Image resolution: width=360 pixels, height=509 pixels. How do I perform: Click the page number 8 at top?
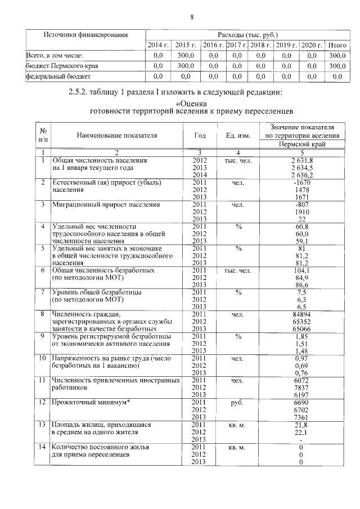(x=191, y=17)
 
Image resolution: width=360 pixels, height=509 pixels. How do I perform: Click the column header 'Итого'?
(x=337, y=45)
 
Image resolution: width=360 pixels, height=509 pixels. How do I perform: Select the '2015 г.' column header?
(x=186, y=45)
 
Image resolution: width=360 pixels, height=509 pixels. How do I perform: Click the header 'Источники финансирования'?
(x=85, y=35)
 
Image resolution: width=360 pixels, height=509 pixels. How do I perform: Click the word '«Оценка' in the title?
(x=192, y=103)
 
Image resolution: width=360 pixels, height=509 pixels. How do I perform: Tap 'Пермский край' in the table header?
(x=301, y=145)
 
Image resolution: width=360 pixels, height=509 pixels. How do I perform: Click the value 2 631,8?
(x=301, y=160)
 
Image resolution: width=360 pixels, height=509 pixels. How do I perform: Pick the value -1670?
(x=301, y=182)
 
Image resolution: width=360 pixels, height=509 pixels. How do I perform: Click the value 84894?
(x=301, y=314)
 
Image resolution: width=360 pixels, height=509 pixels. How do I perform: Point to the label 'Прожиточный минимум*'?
(x=88, y=402)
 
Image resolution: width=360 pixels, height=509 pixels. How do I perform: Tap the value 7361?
(x=301, y=417)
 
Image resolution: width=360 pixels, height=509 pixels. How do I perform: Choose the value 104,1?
(x=301, y=270)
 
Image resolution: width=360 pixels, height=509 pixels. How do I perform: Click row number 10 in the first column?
(x=42, y=358)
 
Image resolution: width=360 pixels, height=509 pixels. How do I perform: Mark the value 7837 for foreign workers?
(x=301, y=388)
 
